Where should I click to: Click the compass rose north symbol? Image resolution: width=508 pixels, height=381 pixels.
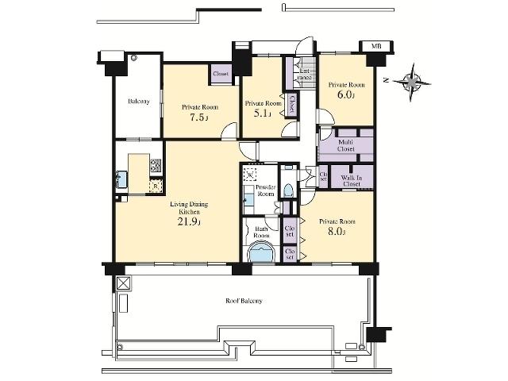[x=414, y=80]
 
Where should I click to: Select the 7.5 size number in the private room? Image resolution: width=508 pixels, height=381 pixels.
[x=198, y=117]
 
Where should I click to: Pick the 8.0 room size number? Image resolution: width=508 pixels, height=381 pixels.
[x=337, y=233]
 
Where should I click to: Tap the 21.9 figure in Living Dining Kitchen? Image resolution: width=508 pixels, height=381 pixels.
[x=188, y=223]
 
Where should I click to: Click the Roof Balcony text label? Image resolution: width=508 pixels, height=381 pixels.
[x=244, y=302]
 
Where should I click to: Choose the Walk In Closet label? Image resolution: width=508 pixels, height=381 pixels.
[x=351, y=179]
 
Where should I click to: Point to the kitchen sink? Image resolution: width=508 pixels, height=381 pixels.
[x=121, y=180]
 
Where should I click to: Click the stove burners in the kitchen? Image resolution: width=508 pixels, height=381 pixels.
[x=156, y=166]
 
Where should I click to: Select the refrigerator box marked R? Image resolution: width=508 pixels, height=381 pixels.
[x=155, y=187]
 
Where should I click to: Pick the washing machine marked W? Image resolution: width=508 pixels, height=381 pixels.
[x=251, y=176]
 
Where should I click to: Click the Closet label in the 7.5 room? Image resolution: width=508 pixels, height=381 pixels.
[x=221, y=74]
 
